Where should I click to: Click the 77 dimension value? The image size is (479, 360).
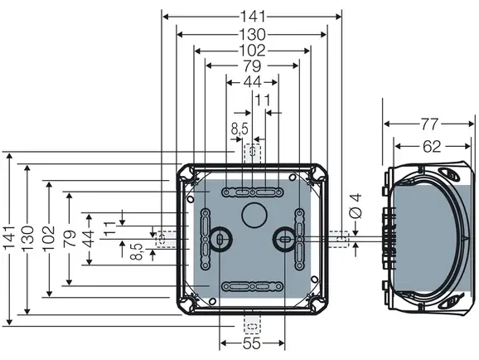pos(430,124)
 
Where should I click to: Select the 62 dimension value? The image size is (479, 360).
pos(432,147)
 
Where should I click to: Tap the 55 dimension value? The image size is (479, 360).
pos(252,343)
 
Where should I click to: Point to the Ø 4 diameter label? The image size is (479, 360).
pos(356,206)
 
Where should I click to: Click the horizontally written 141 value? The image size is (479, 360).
pos(253,17)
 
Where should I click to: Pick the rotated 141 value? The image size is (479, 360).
pos(9,237)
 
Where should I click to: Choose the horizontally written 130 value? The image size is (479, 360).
pos(252,35)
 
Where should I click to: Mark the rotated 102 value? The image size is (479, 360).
pos(49,238)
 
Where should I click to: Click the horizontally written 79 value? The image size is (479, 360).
pos(252,66)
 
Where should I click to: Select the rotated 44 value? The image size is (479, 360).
pos(89,239)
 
